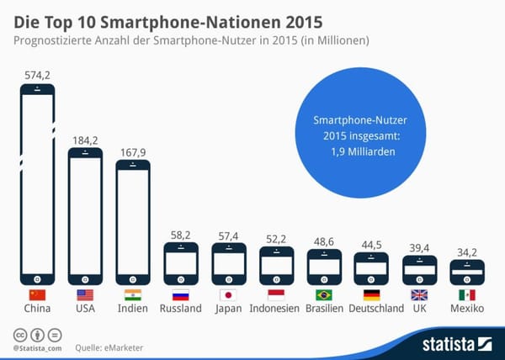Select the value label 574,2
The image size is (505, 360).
37,76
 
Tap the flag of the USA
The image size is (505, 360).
85,295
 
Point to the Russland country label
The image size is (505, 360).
180,310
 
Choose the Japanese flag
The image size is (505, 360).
228,295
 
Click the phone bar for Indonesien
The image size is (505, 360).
276,264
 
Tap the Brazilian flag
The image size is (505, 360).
324,295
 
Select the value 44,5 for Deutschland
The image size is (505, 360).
371,245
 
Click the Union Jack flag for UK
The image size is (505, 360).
419,295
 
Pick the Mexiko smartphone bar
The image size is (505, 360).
467,273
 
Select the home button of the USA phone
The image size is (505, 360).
85,278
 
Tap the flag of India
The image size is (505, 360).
132,295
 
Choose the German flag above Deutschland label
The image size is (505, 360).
371,295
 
